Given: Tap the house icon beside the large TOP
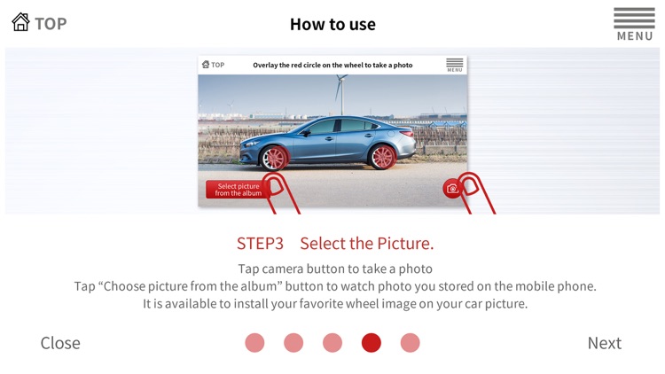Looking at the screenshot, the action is coord(20,22).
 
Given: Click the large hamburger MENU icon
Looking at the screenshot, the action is coord(635,24).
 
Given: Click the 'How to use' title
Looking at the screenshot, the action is coord(332,25).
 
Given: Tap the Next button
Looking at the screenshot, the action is coord(605,343).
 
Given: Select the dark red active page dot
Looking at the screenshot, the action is coord(372,343).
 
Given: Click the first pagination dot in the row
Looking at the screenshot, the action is coord(254,343).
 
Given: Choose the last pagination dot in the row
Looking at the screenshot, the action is coord(411,343).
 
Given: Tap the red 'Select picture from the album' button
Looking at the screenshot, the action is coord(238,190).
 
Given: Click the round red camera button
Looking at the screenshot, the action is coord(451,189).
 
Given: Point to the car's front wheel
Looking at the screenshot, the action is coord(275,158).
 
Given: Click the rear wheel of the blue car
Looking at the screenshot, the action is coord(382,157).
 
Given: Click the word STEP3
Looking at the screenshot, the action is coord(260,244).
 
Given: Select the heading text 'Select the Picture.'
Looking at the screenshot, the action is coord(367,244).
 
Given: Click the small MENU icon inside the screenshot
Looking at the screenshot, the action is coord(454,65).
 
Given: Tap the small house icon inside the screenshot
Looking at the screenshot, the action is coord(206,65).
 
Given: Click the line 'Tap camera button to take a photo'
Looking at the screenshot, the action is coord(335,269).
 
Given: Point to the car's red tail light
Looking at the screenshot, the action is coord(407,134).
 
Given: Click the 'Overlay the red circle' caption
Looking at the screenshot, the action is coord(332,65).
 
